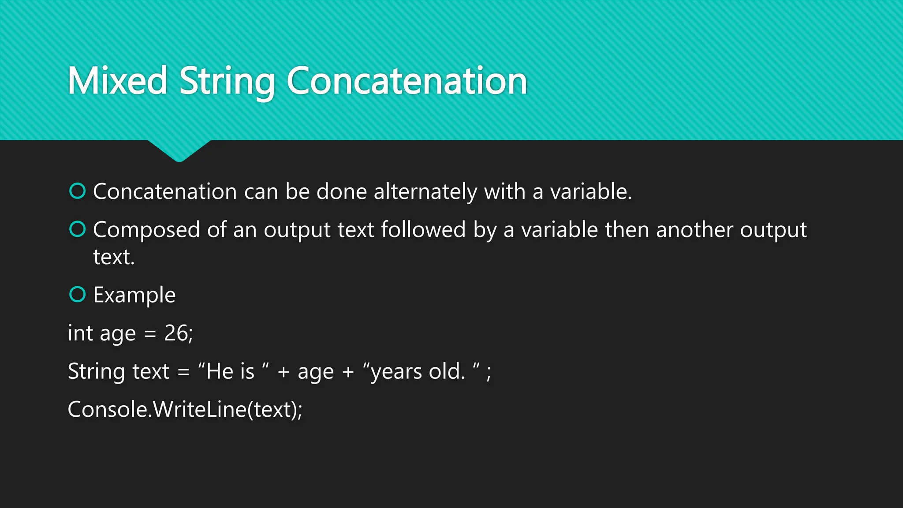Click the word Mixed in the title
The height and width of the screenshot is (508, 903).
pos(117,81)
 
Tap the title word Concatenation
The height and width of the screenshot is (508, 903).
pos(407,81)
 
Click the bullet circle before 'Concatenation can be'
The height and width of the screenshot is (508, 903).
pos(78,191)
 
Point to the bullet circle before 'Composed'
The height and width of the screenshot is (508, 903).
pos(78,229)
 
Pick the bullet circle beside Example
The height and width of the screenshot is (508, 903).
pos(78,294)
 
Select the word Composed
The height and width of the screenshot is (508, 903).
pos(146,230)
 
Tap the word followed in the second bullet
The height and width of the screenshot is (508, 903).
pos(423,229)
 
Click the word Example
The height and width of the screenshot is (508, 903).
pos(134,295)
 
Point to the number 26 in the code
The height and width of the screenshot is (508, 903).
pos(176,333)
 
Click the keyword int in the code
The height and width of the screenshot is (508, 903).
pos(80,333)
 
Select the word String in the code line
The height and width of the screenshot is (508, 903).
pos(96,371)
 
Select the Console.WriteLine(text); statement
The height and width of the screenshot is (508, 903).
pos(185,409)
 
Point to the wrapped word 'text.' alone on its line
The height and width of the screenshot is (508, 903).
pos(114,257)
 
